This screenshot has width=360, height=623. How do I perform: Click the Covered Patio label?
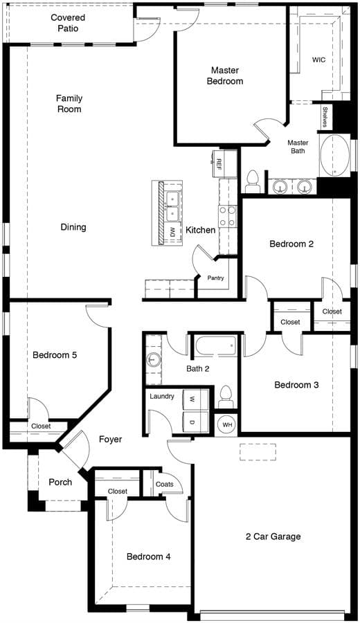tap(68, 23)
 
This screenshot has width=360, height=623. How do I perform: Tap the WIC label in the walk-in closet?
tap(318, 60)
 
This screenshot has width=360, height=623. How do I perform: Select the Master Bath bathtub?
tap(335, 156)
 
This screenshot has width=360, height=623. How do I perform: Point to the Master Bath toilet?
tap(253, 181)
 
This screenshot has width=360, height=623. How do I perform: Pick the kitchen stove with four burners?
tap(227, 216)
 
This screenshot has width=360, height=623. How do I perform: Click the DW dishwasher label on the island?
tap(172, 232)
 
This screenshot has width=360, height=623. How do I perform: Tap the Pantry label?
tap(215, 278)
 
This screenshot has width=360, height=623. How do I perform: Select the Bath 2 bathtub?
tap(216, 345)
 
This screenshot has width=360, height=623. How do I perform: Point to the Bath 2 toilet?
tap(226, 397)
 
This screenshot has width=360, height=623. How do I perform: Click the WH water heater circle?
tap(227, 425)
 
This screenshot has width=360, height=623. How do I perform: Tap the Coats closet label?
tap(165, 485)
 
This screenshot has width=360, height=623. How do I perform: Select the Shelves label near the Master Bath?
tap(325, 117)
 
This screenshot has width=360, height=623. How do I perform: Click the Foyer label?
tap(111, 440)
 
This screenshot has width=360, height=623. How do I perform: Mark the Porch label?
tap(60, 482)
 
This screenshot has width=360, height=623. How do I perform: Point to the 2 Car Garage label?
tap(273, 536)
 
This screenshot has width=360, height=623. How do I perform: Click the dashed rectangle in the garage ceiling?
tap(258, 452)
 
